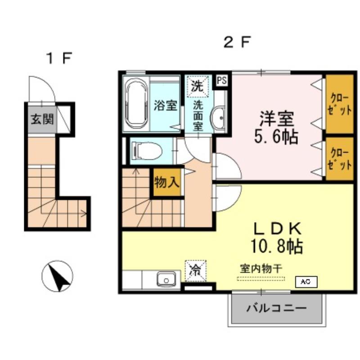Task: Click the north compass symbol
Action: click(57, 276)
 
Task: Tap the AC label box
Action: click(306, 282)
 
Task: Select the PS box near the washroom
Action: click(221, 80)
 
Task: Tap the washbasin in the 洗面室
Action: click(219, 118)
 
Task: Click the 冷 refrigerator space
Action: click(195, 270)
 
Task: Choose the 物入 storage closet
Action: click(167, 182)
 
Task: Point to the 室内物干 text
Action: click(261, 268)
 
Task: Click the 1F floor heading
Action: click(59, 58)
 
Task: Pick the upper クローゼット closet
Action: click(339, 104)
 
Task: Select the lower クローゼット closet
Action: click(339, 158)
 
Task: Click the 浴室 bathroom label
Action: click(165, 106)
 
